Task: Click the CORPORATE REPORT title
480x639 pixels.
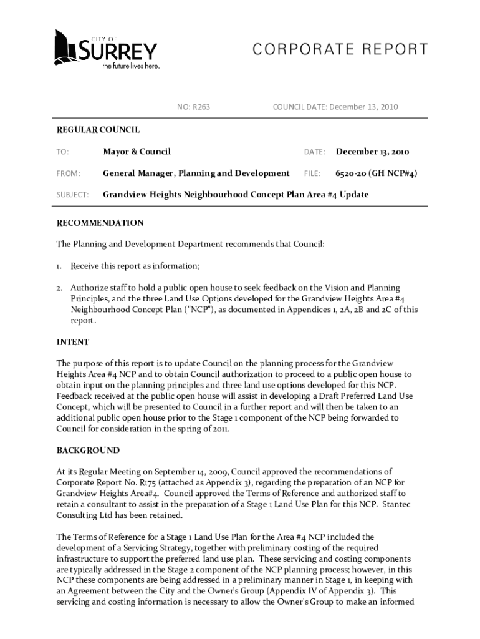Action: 340,50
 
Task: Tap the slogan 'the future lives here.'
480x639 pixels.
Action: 131,66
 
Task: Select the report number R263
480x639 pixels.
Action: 201,107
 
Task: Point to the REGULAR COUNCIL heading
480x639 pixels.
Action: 98,130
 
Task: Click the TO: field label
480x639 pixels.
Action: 62,152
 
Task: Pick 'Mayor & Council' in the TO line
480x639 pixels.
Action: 137,152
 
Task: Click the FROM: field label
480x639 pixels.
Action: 68,173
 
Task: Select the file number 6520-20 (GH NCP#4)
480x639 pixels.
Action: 376,173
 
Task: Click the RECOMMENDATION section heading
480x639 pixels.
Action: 100,223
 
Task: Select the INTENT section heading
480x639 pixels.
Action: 73,342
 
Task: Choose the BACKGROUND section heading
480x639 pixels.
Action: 88,450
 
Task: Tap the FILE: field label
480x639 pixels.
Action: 312,173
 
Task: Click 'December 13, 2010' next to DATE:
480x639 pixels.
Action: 372,152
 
